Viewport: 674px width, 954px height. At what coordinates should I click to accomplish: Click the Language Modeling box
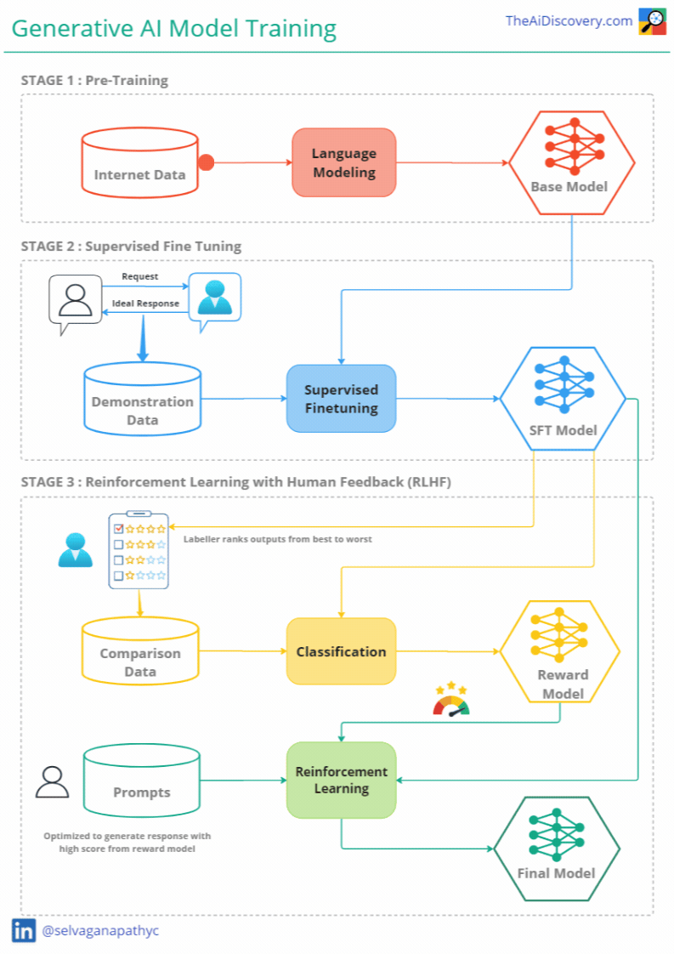[343, 162]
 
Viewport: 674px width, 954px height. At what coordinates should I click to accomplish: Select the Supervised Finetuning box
[341, 399]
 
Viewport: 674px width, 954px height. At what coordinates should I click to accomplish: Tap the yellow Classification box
[341, 651]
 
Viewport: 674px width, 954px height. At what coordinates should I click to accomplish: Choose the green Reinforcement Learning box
[341, 780]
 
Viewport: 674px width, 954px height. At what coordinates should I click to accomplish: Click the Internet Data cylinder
[139, 166]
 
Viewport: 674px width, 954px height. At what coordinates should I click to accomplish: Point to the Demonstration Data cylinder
[142, 402]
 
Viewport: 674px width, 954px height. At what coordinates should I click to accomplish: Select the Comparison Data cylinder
[140, 654]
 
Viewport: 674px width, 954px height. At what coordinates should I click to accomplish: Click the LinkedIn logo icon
[24, 930]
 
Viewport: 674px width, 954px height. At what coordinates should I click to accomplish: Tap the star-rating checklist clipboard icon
[139, 550]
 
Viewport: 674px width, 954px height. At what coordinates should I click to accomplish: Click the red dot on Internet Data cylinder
[205, 162]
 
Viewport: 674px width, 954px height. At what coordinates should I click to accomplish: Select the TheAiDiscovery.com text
[569, 20]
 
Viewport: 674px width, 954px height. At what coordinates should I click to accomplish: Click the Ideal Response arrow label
[145, 304]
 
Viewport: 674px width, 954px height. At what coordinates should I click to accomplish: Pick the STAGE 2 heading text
[131, 247]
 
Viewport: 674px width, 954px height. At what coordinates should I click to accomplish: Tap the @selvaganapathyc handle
[100, 930]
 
